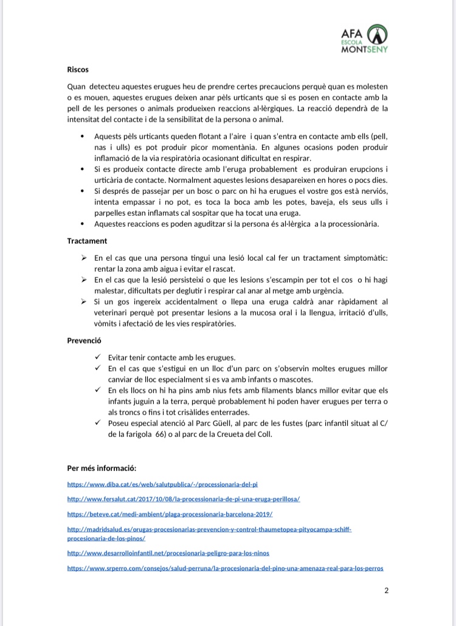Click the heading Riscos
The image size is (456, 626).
[x=78, y=70]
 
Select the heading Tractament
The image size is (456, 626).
[x=87, y=241]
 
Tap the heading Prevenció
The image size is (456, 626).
[x=84, y=340]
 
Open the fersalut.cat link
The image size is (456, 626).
[x=183, y=499]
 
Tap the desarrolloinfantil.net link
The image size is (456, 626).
[x=168, y=553]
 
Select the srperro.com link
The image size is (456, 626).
[x=225, y=568]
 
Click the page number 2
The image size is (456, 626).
[x=386, y=590]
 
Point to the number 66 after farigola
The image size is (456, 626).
[x=161, y=434]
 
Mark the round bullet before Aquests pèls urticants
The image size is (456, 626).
[x=81, y=137]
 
